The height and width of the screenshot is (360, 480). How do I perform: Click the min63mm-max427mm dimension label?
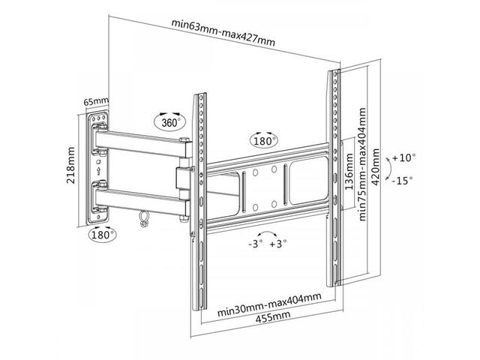223,32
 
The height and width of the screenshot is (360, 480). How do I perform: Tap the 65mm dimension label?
96,101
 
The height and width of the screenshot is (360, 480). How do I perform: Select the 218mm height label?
70,165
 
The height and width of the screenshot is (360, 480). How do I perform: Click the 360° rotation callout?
169,122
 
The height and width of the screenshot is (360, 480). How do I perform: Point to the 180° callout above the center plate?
264,141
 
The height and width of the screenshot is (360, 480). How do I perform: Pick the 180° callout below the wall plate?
102,235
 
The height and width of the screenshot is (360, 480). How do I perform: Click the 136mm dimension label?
349,172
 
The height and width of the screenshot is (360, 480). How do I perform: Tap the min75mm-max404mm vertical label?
362,164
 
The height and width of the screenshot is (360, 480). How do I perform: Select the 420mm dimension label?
375,166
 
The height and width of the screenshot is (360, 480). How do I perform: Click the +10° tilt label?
404,158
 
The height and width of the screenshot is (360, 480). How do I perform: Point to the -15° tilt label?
402,181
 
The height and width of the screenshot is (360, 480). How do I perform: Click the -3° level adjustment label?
255,244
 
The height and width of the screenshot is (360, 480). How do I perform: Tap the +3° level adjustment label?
278,244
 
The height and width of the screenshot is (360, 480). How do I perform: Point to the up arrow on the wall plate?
98,171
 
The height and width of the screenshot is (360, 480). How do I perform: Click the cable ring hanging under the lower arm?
143,218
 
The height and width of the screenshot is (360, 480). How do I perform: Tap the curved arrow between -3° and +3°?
267,233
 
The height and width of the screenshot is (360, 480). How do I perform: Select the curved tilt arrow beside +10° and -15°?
388,169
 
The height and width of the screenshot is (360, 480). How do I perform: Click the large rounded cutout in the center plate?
308,181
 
